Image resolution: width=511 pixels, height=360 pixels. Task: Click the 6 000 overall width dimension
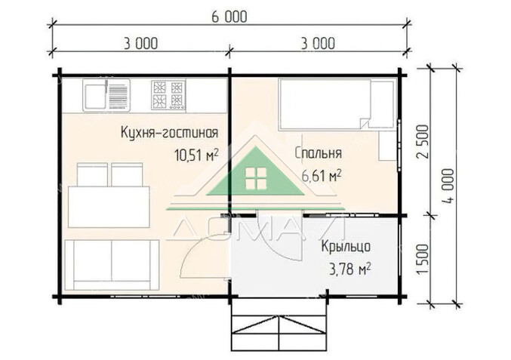[x=229, y=17]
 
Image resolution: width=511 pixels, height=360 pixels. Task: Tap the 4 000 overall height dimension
[x=448, y=186]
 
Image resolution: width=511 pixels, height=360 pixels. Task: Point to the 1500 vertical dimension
[x=423, y=259]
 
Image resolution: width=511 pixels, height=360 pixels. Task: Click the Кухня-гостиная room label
[x=170, y=133]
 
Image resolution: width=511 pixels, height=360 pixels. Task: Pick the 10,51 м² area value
[x=196, y=155]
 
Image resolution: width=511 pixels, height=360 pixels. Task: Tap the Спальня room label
[x=319, y=152]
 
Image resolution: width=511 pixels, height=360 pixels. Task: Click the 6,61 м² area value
[x=322, y=176]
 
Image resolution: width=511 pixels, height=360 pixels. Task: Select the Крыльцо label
[x=346, y=247]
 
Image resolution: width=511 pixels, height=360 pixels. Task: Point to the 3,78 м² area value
[x=350, y=269]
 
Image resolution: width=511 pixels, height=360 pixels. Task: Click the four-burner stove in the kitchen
[x=168, y=95]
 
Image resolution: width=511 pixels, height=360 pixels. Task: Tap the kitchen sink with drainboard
[x=106, y=95]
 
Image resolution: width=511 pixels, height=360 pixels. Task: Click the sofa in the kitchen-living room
[x=112, y=265]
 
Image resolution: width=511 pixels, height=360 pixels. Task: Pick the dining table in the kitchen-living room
[x=109, y=208]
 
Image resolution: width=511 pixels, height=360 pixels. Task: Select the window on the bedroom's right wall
[x=399, y=146]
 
